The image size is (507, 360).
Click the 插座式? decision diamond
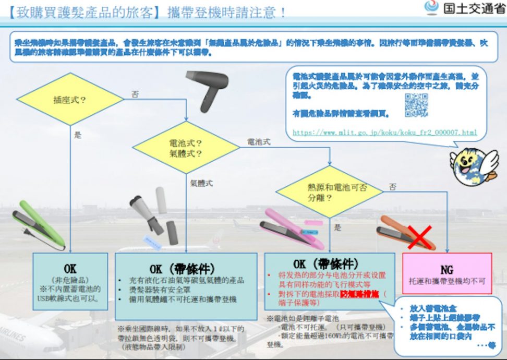click(x=70, y=99)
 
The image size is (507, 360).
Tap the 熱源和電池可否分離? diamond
click(x=330, y=192)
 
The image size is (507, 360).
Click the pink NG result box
click(x=447, y=274)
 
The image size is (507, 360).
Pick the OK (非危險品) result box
click(x=70, y=282)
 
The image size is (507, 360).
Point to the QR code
click(x=416, y=105)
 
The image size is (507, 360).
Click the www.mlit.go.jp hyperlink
click(x=385, y=133)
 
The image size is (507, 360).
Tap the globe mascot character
click(x=472, y=166)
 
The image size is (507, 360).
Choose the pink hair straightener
click(x=292, y=225)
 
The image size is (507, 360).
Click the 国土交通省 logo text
click(x=474, y=9)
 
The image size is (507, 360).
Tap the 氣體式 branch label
click(x=201, y=184)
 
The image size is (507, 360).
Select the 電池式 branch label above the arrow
click(x=259, y=141)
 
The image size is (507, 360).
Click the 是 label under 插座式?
click(x=78, y=135)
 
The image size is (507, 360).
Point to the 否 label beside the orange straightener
click(x=392, y=186)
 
